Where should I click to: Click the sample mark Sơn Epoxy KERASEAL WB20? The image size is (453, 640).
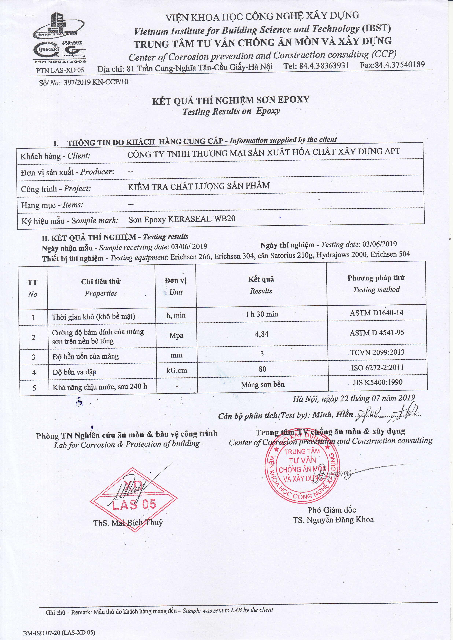[182, 219]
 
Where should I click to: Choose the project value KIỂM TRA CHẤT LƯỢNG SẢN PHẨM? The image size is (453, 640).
[199, 186]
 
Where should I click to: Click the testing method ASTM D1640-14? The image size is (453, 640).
[377, 313]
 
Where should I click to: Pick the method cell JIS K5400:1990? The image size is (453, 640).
[378, 382]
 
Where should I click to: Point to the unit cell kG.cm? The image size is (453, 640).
[176, 371]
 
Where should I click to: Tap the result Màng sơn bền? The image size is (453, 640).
[263, 385]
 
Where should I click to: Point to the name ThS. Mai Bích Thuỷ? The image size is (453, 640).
[128, 523]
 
